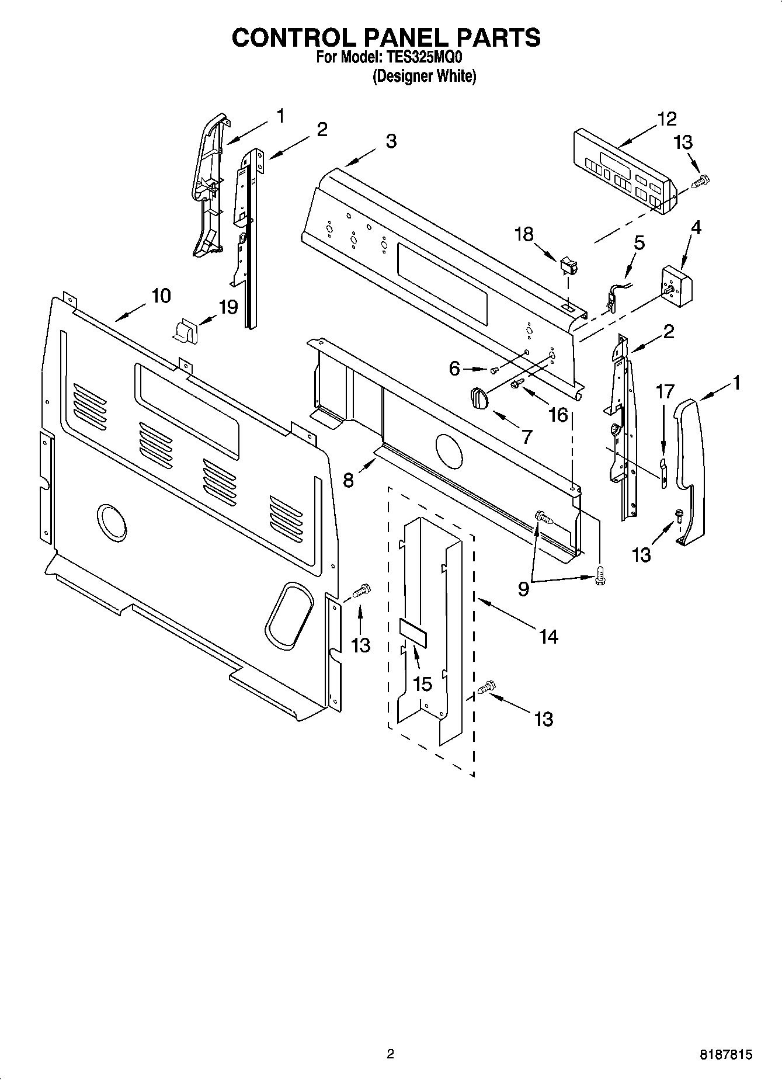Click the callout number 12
coord(666,119)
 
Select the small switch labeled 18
coord(567,266)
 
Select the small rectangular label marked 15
coord(413,634)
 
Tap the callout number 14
coord(548,637)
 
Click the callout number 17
coord(665,391)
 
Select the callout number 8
coord(348,480)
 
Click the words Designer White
coord(425,76)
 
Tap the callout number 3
coord(391,141)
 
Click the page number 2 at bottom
coord(391,1054)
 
